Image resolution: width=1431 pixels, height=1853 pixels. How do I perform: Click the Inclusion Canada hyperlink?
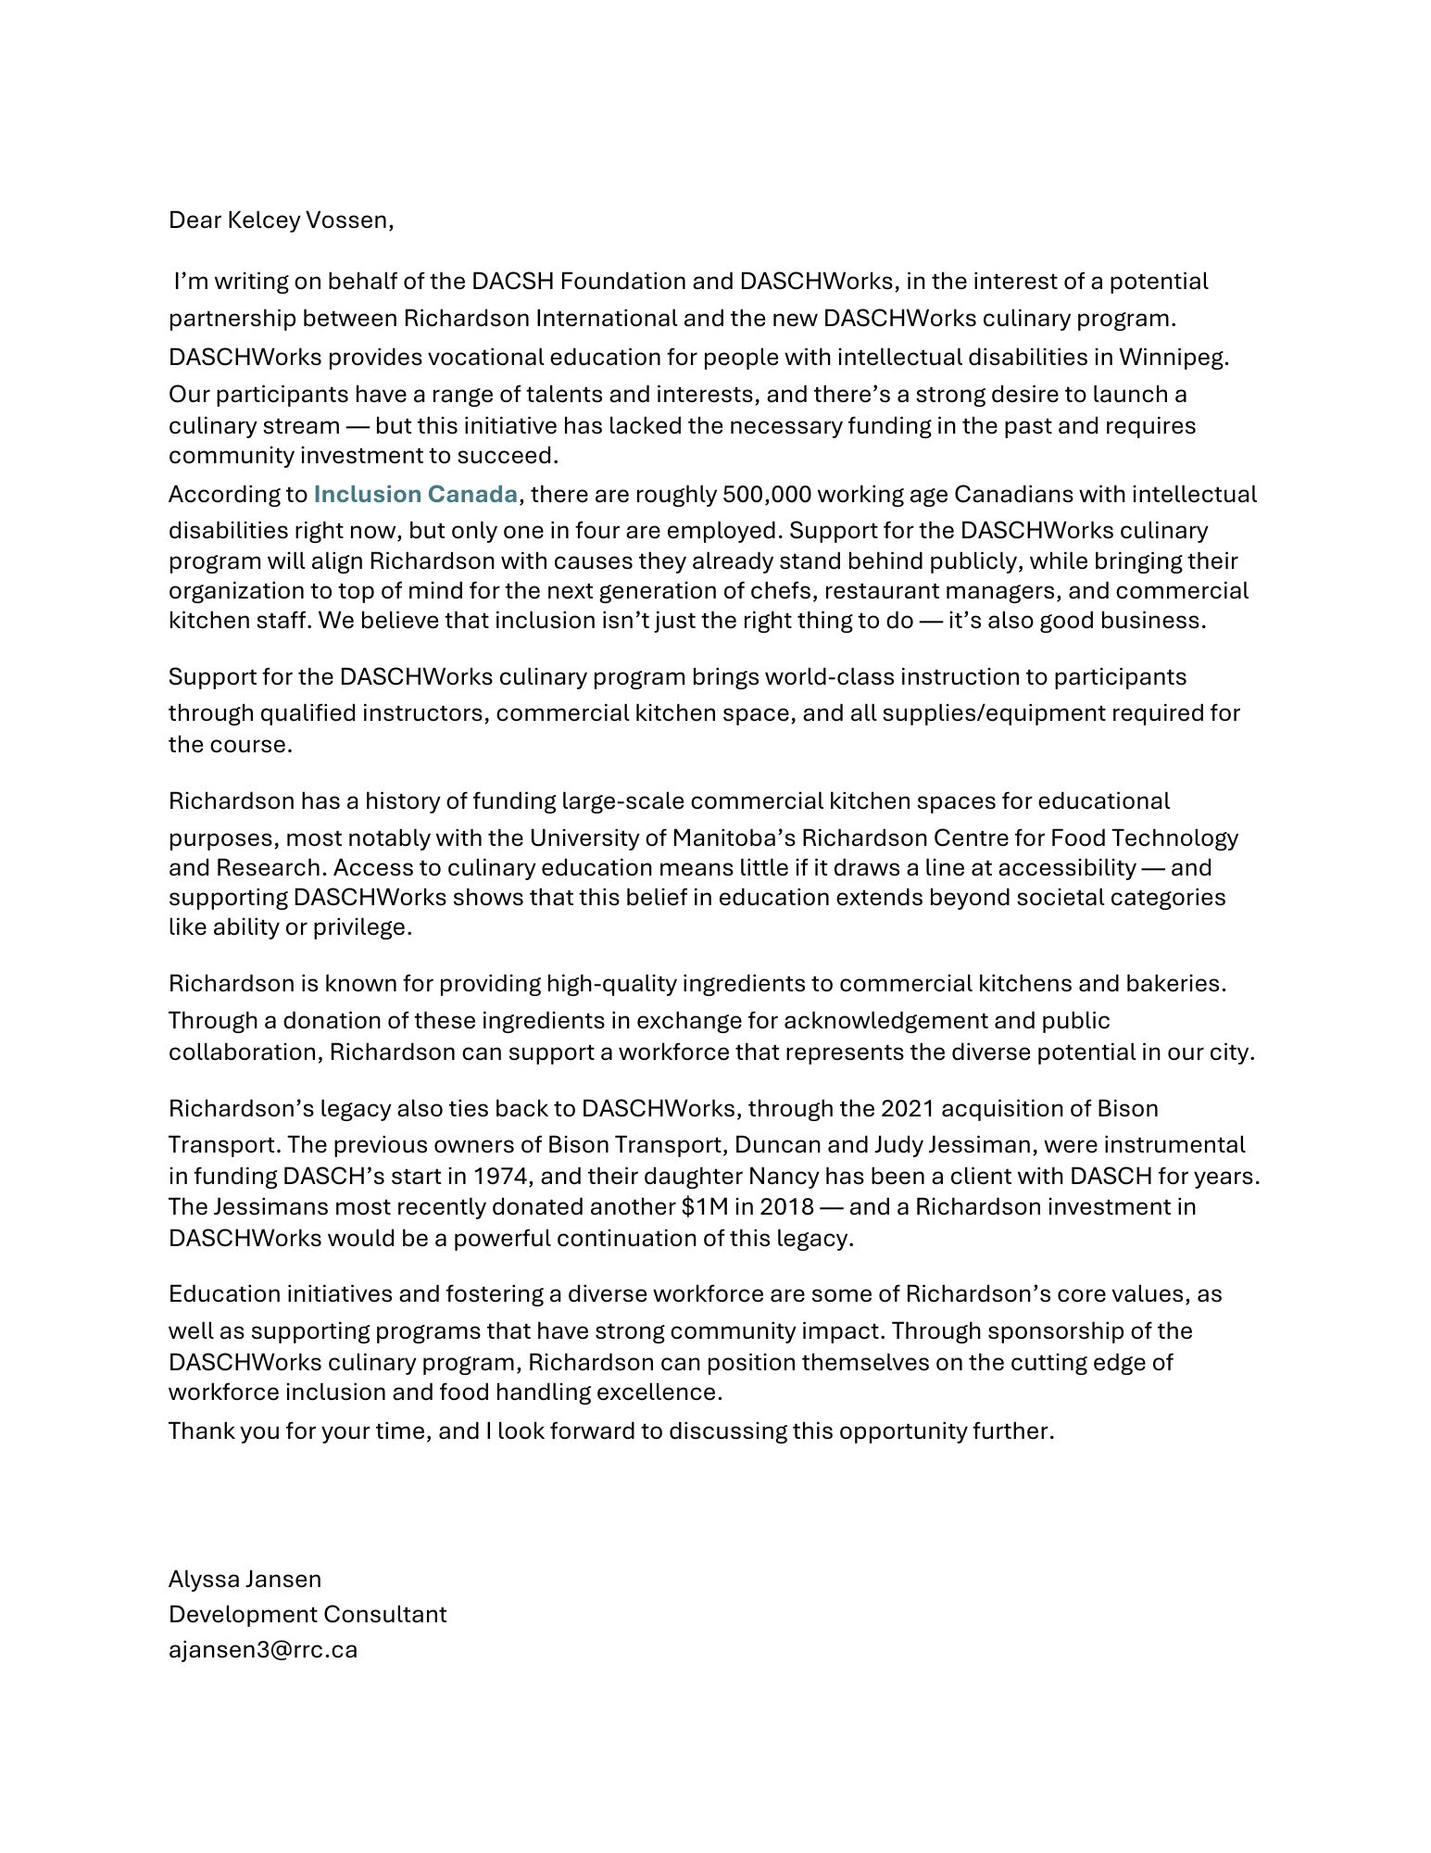[415, 494]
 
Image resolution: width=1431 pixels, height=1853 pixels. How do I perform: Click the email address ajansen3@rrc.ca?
[263, 1649]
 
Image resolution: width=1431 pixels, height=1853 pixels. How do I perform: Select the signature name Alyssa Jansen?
[245, 1579]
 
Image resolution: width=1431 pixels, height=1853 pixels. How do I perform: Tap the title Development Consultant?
[308, 1614]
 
